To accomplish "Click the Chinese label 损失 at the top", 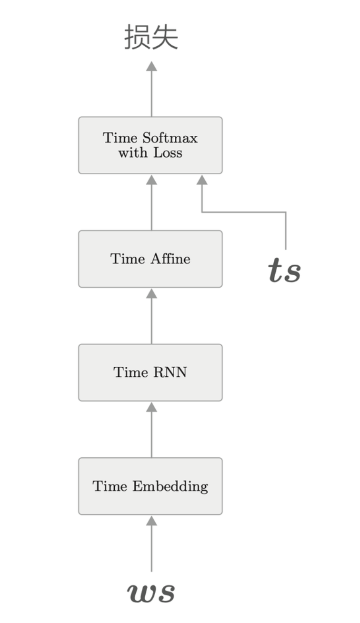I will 151,38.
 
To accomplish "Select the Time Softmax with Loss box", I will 150,145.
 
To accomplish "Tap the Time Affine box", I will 150,259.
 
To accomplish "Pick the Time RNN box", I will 150,372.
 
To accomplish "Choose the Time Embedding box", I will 150,486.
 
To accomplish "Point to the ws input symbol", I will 151,592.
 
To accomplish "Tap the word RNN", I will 170,372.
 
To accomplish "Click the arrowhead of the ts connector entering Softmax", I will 202,180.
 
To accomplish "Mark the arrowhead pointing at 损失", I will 151,66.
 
